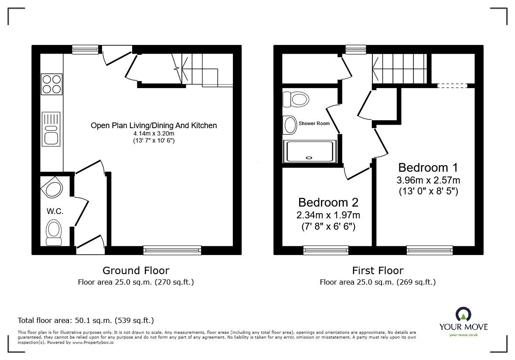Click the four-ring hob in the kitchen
[x=51, y=85]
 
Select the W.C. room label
[x=55, y=211]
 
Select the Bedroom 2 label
[x=328, y=202]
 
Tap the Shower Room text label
[x=314, y=123]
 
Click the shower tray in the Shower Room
[x=310, y=151]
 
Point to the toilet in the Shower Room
[x=296, y=99]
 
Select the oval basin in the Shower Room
[x=290, y=125]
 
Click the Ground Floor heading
[x=136, y=271]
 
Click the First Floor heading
[x=378, y=271]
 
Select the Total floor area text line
[x=85, y=320]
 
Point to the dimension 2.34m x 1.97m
[x=328, y=215]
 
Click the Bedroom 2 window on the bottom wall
[x=326, y=250]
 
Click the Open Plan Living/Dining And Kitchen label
[x=153, y=126]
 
